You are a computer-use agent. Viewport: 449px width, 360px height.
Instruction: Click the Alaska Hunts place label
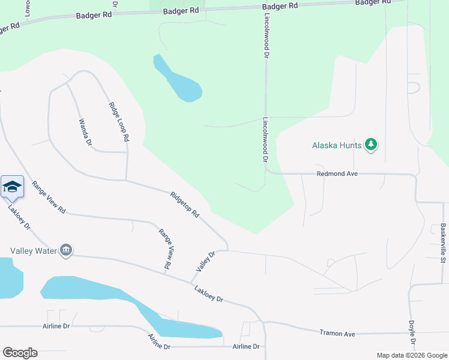336,145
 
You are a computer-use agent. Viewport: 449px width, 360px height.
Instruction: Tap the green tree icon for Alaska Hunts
372,145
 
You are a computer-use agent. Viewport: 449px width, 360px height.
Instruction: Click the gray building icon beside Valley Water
66,250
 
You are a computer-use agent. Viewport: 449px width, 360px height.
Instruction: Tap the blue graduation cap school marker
12,187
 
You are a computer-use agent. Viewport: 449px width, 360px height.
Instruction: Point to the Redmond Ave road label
337,173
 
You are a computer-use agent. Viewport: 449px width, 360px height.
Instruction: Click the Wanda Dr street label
85,132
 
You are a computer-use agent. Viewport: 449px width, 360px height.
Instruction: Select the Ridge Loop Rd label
119,121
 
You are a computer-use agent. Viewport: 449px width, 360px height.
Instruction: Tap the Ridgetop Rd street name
184,204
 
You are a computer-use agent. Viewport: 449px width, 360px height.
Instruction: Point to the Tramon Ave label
337,333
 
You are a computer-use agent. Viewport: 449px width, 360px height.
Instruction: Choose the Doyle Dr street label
412,335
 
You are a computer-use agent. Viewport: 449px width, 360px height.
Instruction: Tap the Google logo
20,353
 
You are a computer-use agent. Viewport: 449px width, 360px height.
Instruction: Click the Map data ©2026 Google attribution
411,355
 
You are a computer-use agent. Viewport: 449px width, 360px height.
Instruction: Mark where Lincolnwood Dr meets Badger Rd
264,7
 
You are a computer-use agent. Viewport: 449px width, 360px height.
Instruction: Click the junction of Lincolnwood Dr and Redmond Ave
265,171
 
